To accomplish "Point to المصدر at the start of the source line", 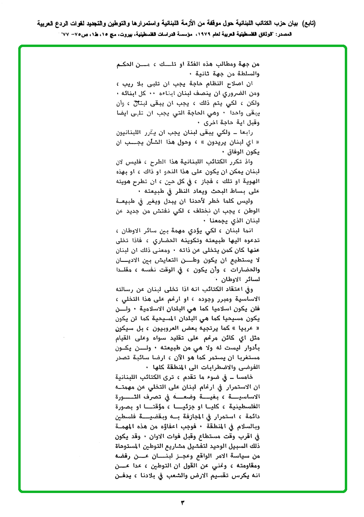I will (303, 35).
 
